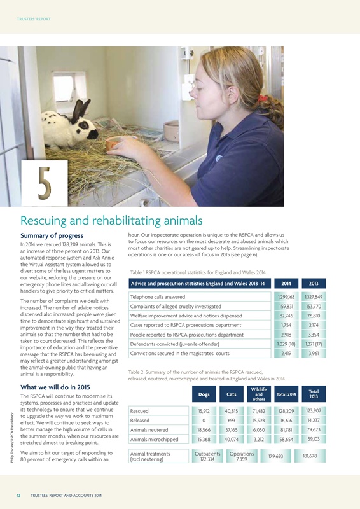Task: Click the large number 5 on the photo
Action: pyautogui.click(x=43, y=181)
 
